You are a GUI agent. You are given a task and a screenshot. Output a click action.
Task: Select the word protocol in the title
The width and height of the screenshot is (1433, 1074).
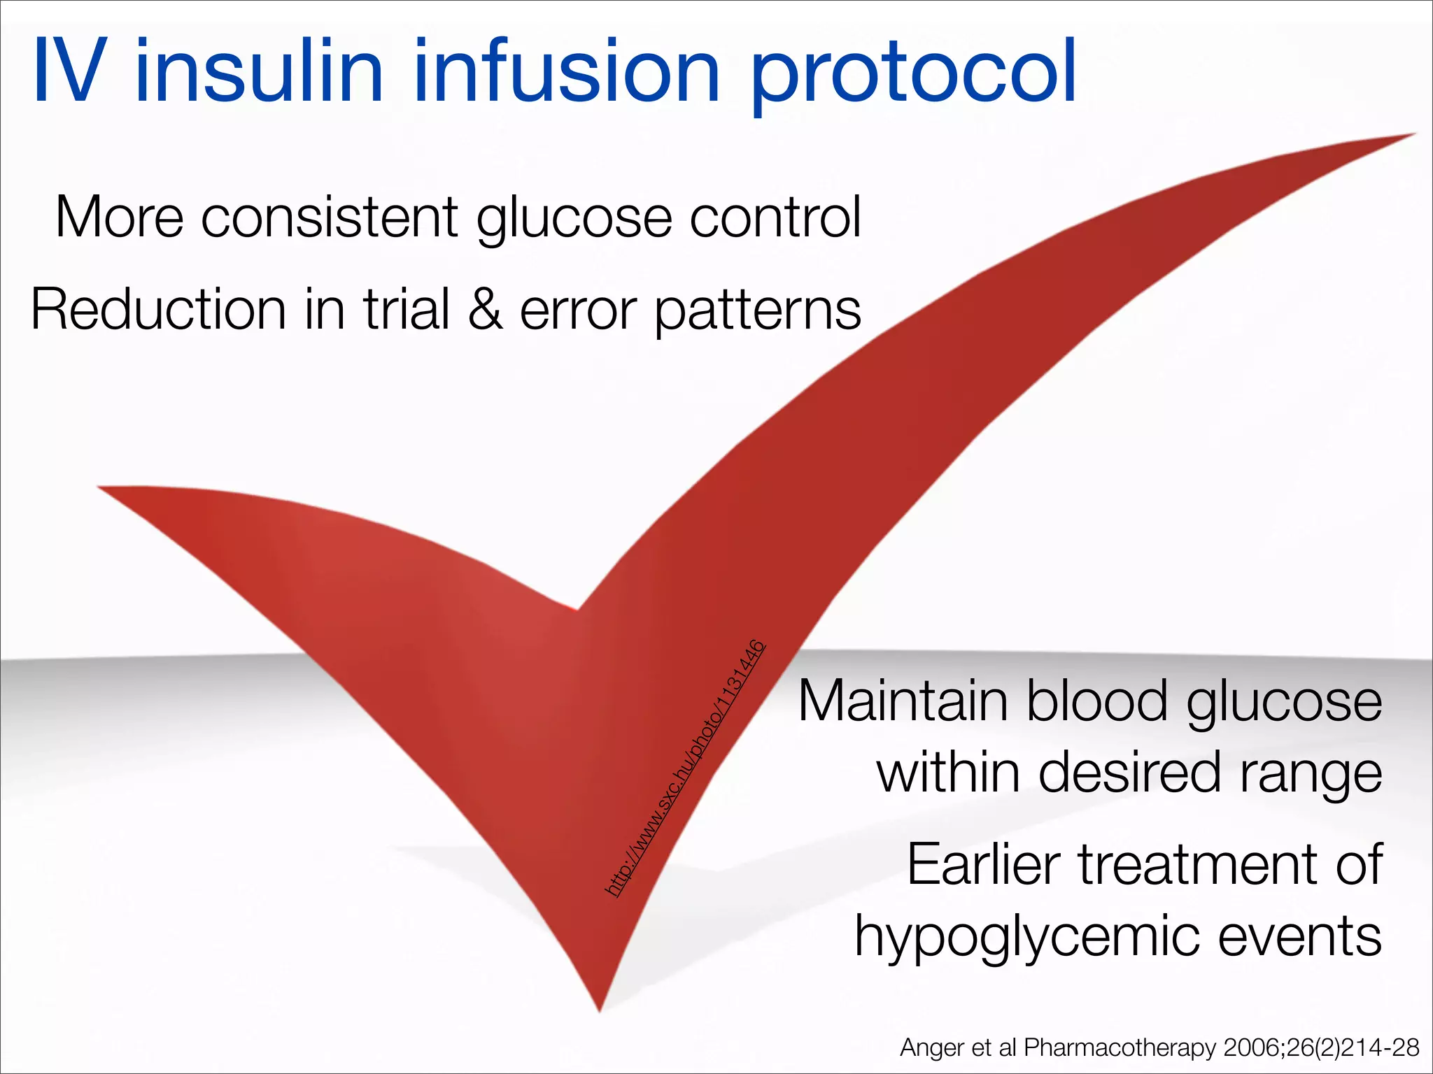click(x=913, y=74)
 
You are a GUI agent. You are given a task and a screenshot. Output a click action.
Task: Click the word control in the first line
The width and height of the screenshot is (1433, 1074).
click(x=775, y=217)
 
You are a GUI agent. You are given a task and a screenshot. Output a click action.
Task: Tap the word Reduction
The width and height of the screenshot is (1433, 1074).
click(x=158, y=309)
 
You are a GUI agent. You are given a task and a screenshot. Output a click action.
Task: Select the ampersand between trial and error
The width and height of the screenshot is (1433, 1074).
click(x=486, y=309)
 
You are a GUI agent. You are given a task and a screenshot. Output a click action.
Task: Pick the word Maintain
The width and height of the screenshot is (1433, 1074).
click(x=903, y=701)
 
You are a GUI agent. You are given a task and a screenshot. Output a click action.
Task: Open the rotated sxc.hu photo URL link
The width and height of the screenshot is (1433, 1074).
click(x=684, y=769)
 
